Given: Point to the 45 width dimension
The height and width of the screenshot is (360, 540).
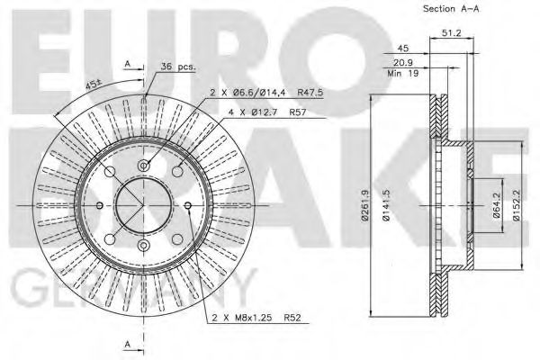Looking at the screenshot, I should tap(403, 49).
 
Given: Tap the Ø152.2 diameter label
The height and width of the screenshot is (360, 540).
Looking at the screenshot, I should tap(517, 207).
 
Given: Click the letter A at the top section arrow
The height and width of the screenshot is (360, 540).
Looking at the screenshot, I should tap(130, 62).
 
